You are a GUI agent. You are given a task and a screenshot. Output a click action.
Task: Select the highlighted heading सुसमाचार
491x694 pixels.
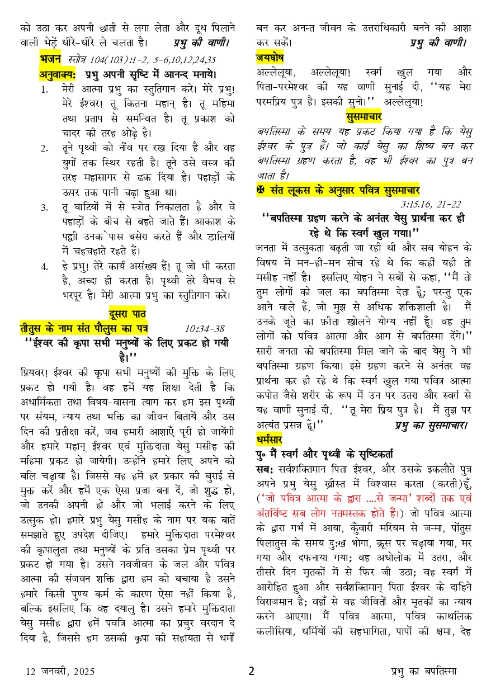[363, 116]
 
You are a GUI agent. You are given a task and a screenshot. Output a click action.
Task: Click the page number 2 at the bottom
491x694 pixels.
[251, 671]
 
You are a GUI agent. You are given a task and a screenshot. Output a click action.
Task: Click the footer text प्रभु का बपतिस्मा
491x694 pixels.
[424, 672]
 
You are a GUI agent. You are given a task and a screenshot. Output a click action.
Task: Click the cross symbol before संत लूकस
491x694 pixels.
[261, 190]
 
